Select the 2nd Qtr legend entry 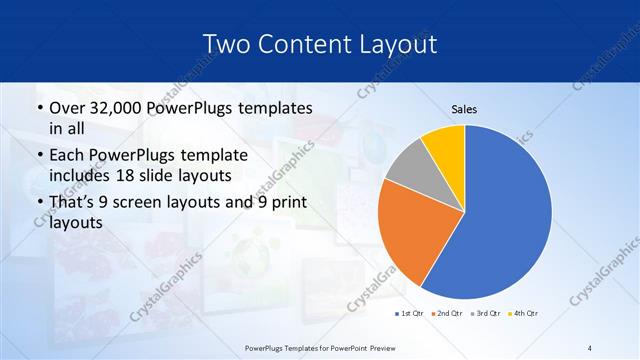click(445, 314)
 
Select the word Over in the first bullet click(68, 108)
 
